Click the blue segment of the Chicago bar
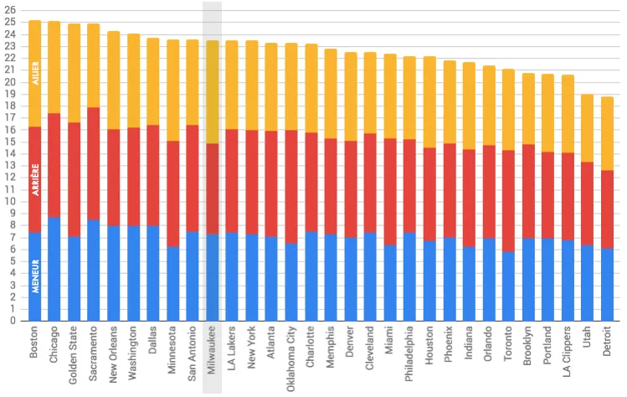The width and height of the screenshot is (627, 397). coord(54,268)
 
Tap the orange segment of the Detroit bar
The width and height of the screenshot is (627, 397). coord(607,134)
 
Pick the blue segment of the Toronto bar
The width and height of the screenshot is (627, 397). coord(508,285)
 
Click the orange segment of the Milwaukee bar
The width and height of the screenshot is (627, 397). coord(213,92)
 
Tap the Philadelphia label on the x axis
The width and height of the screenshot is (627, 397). coord(410,357)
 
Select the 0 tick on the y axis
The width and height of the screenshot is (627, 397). coord(12,320)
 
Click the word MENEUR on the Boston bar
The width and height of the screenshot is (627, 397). coord(35,276)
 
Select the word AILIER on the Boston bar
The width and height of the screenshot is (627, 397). coord(35,74)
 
